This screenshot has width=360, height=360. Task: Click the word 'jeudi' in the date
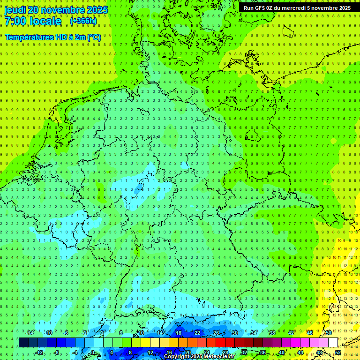coord(15,10)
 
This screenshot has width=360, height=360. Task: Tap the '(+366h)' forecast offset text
coord(83,21)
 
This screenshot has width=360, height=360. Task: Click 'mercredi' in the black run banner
coord(293,8)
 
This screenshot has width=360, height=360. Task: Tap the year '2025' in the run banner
coord(342,8)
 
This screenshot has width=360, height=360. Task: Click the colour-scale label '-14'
coord(30,333)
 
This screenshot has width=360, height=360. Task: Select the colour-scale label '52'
coord(338,352)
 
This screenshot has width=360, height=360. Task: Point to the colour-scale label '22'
coord(197,333)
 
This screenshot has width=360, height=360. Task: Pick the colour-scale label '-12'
coord(39,352)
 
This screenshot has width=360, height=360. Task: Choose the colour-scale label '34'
coord(253,333)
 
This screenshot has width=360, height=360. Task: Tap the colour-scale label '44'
coord(300,352)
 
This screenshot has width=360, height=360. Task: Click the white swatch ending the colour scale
coord(333,343)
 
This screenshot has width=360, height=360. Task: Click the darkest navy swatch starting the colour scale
coord(23,343)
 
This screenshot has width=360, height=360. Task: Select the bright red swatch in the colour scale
coord(220,343)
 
